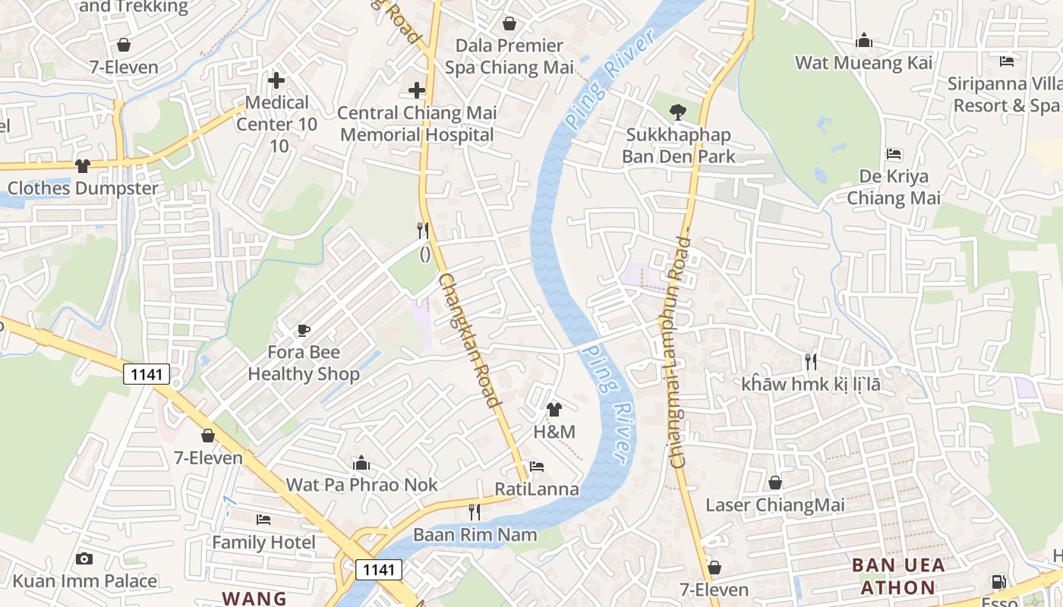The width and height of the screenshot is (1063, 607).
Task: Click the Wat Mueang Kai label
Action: [x=863, y=63]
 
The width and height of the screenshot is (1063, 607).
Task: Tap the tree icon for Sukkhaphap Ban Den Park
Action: [x=677, y=113]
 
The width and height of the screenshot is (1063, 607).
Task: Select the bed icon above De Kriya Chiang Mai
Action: [x=894, y=154]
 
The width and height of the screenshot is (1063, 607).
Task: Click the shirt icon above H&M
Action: [x=554, y=410]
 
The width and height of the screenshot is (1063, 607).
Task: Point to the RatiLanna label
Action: [x=537, y=489]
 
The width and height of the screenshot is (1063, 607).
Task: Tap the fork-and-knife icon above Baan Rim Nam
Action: [x=475, y=511]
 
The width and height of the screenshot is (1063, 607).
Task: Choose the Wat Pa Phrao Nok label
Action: [x=361, y=485]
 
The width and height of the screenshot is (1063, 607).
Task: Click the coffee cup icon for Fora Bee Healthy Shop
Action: [x=304, y=329]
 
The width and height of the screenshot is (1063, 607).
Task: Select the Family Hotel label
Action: [x=263, y=543]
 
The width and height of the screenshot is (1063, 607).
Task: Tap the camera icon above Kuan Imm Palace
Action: [x=84, y=559]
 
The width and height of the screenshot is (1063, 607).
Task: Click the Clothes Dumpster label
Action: [x=83, y=188]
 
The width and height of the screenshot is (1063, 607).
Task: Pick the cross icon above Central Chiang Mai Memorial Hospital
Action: [x=417, y=90]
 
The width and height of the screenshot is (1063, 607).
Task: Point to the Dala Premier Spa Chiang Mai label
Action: [x=509, y=57]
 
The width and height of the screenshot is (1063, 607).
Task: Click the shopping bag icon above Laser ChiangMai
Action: [x=775, y=483]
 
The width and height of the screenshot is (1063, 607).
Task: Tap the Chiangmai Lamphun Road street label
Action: [x=677, y=351]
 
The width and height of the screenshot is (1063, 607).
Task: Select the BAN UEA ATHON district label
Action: [x=898, y=576]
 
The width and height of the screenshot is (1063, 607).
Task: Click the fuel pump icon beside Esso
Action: [x=999, y=582]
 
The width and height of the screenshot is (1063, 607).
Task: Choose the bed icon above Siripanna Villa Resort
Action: [x=1007, y=61]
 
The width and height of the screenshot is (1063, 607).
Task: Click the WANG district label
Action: [x=254, y=598]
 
